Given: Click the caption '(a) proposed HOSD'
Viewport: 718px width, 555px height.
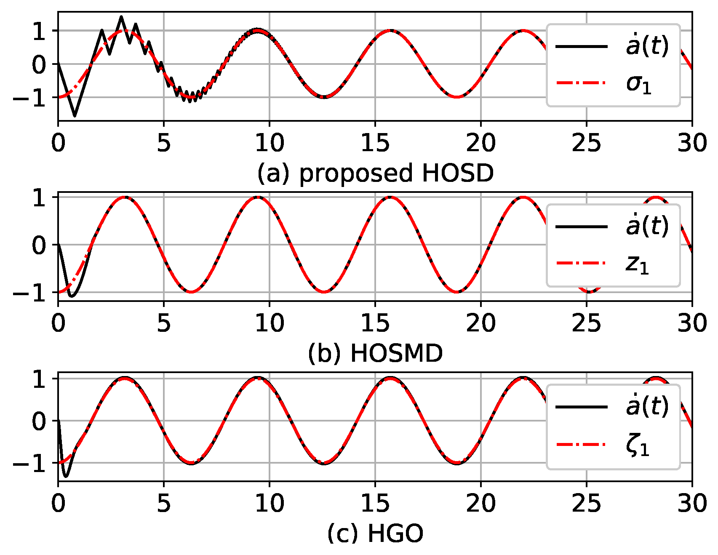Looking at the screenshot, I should click(x=375, y=173).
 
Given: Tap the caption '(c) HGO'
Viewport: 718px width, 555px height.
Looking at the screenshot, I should click(x=375, y=534).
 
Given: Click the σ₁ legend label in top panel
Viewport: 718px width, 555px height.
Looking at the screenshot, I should click(x=639, y=84).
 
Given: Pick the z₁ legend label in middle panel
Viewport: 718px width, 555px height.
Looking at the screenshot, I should click(x=638, y=264).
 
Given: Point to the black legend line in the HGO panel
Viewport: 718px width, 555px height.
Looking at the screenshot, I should click(x=581, y=407).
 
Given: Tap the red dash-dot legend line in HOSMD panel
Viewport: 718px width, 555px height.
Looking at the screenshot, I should click(x=581, y=263).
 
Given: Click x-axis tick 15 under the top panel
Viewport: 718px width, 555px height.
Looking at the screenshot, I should click(x=375, y=143).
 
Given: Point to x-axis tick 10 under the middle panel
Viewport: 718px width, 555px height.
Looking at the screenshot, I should click(x=270, y=323).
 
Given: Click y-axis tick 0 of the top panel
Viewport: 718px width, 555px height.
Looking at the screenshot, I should click(x=39, y=64).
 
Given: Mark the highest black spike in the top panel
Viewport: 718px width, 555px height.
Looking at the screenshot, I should click(x=121, y=17).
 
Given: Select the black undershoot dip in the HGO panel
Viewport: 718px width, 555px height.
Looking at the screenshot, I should click(x=66, y=477).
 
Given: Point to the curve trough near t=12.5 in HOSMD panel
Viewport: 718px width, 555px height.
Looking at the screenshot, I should click(x=323, y=292).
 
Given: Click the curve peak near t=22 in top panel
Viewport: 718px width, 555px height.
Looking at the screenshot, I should click(x=523, y=31).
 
